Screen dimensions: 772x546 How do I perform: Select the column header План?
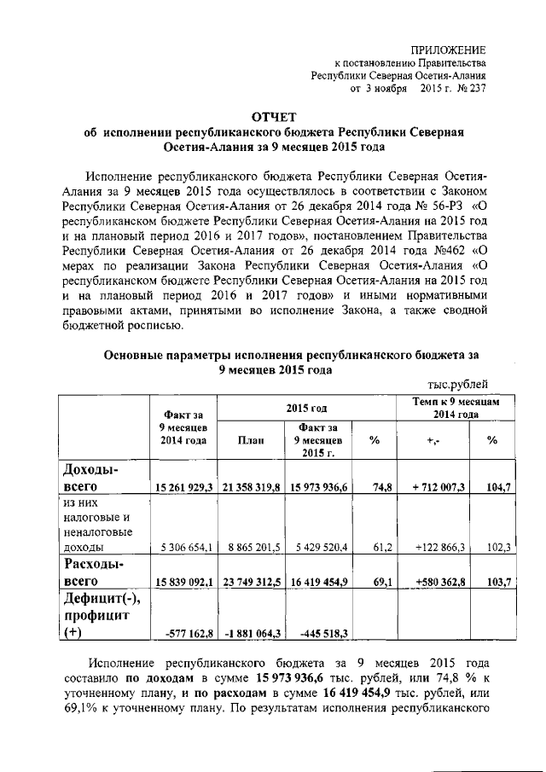pos(252,439)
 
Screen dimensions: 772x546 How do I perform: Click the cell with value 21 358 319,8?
pos(252,486)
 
